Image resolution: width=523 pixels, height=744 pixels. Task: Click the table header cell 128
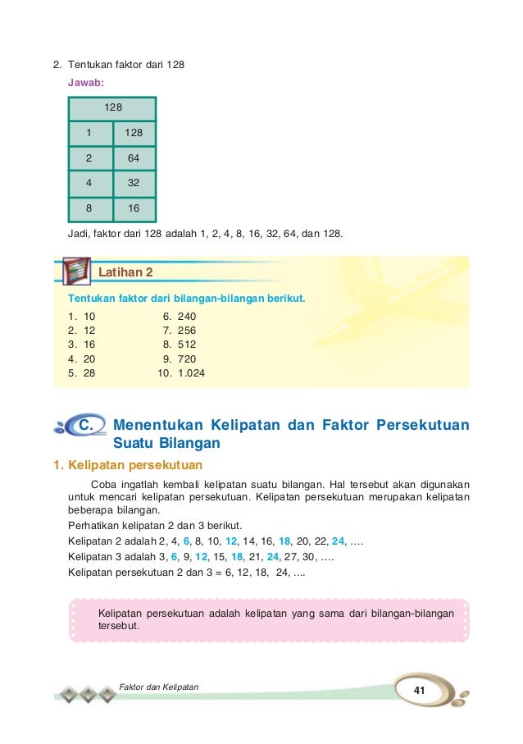click(112, 107)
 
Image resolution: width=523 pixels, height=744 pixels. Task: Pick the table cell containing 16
click(133, 209)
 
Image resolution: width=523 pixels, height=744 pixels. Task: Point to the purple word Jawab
click(86, 83)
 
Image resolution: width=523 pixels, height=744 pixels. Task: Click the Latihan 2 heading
click(125, 272)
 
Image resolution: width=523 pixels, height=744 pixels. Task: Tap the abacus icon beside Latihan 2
click(77, 271)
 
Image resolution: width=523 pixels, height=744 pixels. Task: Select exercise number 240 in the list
click(187, 316)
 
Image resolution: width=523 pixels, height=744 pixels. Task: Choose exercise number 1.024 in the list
click(191, 373)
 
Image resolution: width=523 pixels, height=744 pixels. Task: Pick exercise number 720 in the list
click(187, 359)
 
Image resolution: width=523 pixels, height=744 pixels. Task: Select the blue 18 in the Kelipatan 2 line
click(307, 541)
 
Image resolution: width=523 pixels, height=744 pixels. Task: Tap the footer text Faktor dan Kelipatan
click(159, 685)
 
